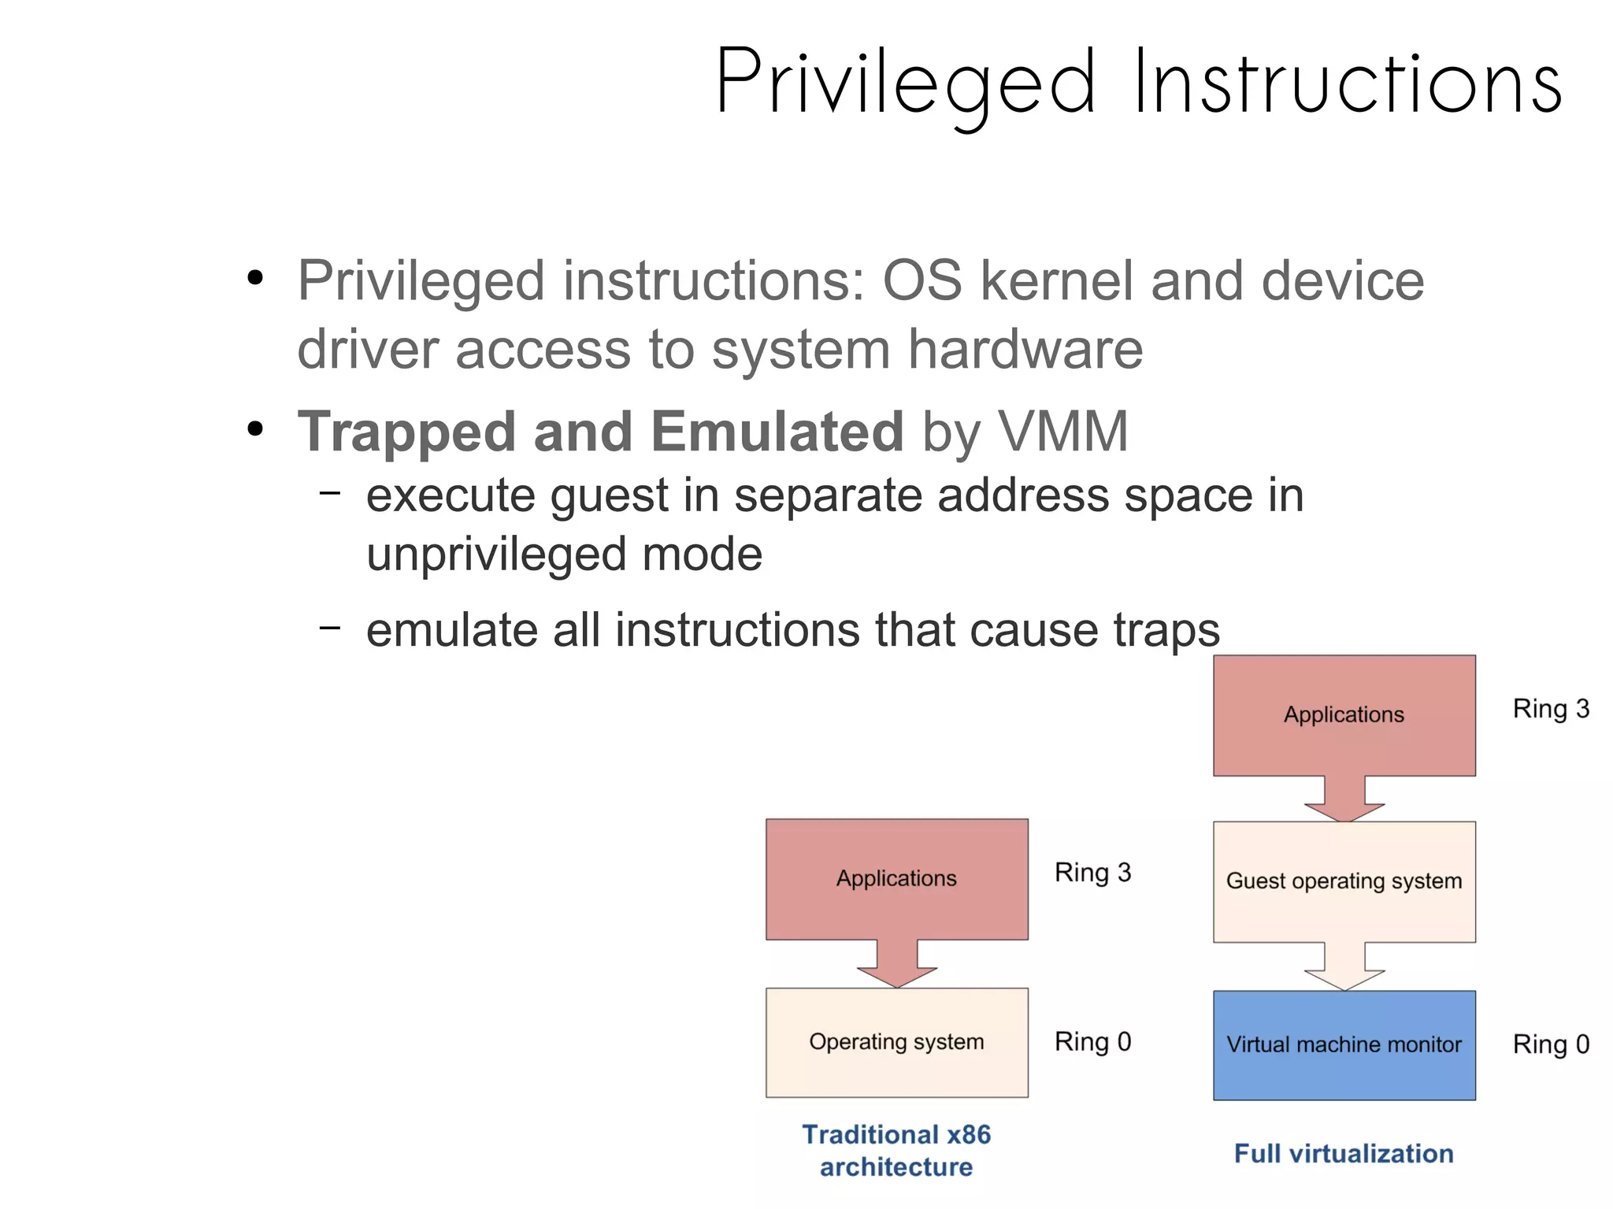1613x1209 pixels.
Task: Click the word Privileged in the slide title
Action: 906,83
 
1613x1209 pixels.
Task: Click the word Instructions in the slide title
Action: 1348,83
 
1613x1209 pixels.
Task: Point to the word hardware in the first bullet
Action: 1025,349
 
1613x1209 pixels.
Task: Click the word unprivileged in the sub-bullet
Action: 496,554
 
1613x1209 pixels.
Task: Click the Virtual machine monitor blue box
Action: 1344,1044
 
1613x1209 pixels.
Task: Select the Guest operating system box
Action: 1344,881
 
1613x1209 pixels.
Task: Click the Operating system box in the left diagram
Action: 896,1041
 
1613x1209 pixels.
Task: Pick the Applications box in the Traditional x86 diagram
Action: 896,877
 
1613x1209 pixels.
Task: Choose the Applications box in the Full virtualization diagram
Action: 1344,714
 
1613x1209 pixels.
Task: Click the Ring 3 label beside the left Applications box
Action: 1092,873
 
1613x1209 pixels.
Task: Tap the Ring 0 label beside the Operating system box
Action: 1092,1041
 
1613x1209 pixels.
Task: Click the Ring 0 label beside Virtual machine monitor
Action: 1551,1044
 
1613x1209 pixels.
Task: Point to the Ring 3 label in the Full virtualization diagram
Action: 1551,709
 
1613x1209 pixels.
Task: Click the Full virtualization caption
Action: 1344,1153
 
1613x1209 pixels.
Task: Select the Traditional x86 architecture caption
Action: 896,1150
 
